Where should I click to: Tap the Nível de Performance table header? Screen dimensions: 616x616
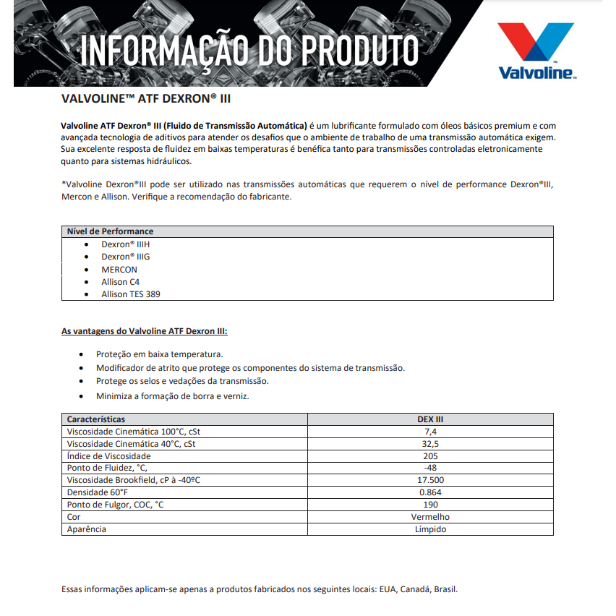(110, 231)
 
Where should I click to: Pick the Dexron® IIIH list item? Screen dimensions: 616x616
(126, 244)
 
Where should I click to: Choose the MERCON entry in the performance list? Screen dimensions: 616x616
(119, 269)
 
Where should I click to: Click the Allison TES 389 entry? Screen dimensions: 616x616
(131, 294)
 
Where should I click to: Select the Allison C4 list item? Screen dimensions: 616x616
(120, 281)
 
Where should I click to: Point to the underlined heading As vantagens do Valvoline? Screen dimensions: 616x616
(145, 332)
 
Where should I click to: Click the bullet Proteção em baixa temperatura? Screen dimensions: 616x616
(160, 354)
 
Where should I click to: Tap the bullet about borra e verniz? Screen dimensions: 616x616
(173, 396)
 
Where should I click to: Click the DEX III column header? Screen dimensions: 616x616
(430, 419)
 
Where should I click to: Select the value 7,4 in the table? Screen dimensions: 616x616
(430, 432)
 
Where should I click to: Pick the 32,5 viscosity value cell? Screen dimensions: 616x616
(430, 444)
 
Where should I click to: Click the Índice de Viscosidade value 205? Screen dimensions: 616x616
(430, 456)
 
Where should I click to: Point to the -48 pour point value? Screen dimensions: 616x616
(430, 468)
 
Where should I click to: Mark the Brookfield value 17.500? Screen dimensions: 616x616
(430, 480)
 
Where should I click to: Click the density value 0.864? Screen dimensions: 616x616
(430, 492)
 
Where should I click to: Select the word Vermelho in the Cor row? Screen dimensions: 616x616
(430, 517)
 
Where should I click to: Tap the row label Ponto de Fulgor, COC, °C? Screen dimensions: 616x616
(115, 505)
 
